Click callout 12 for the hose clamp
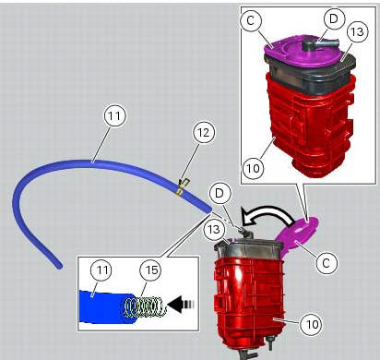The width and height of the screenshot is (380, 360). click(202, 132)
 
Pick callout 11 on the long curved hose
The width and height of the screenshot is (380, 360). click(114, 117)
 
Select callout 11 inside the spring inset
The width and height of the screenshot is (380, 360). click(101, 270)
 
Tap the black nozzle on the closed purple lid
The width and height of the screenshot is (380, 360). click(320, 42)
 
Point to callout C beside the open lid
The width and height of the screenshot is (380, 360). click(324, 262)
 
